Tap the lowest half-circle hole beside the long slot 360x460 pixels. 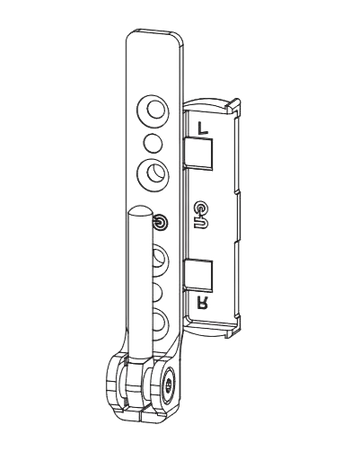tap(161, 322)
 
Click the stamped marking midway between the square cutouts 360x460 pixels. tap(200, 210)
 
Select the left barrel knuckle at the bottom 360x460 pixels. tap(118, 385)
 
